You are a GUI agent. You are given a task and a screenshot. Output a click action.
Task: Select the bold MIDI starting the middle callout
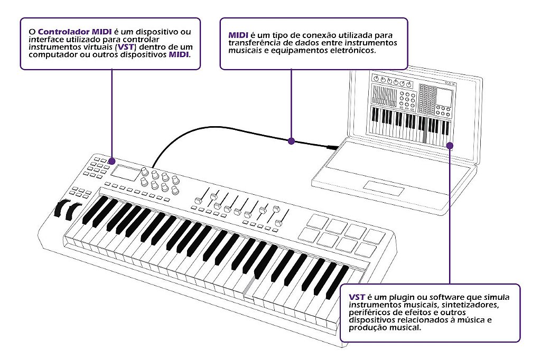(x=238, y=35)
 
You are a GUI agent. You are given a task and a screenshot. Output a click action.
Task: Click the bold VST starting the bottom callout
(x=357, y=297)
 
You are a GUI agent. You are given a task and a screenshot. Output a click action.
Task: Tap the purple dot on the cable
(x=291, y=141)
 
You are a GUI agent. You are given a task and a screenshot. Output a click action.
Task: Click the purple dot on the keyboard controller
(x=111, y=160)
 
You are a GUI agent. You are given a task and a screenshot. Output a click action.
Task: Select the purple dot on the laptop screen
(x=449, y=146)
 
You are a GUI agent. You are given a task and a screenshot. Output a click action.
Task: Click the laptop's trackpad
(x=384, y=187)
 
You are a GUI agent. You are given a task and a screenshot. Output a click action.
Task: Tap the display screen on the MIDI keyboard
(x=126, y=173)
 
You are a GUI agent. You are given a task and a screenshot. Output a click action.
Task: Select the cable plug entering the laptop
(x=333, y=147)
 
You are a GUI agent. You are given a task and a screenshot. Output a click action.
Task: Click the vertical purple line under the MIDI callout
(x=291, y=103)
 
